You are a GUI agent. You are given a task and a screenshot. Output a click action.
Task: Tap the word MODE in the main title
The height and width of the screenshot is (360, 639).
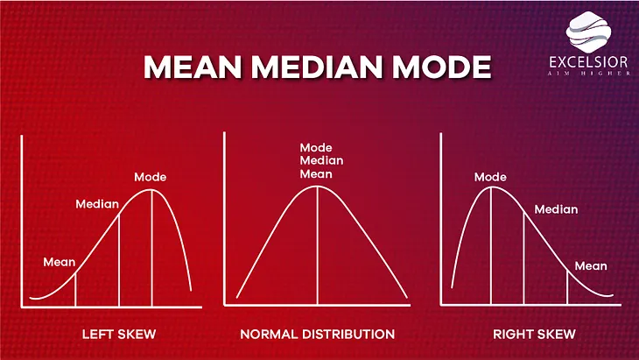point(436,68)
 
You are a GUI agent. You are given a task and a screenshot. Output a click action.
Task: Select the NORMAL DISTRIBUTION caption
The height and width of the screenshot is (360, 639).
point(318,335)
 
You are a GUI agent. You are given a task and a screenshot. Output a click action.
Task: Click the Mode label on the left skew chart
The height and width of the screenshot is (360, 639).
point(150,177)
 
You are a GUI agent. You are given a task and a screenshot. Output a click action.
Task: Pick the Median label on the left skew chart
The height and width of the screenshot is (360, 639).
point(96,204)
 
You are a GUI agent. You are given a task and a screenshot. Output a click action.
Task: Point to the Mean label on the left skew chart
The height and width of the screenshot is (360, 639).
point(60,261)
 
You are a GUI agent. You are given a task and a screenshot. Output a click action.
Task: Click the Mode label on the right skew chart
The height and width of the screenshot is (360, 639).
point(490,177)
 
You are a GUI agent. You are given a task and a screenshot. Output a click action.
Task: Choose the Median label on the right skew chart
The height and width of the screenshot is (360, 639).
point(557,209)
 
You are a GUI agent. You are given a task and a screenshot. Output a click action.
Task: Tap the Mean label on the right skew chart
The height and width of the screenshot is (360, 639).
point(591,265)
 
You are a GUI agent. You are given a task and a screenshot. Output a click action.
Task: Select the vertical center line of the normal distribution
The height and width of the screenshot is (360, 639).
point(317,245)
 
